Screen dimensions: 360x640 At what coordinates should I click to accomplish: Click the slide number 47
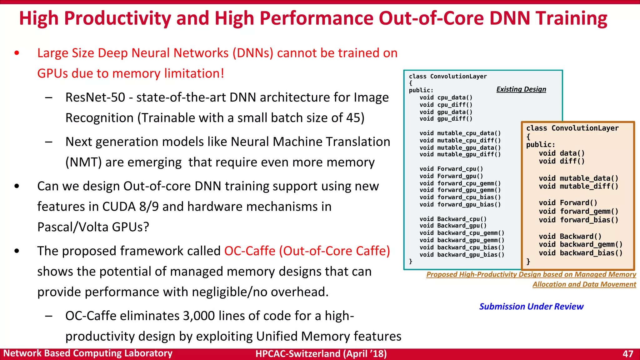pyautogui.click(x=627, y=354)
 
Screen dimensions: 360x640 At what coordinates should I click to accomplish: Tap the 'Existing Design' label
pyautogui.click(x=521, y=89)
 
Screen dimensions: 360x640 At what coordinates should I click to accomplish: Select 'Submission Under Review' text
pyautogui.click(x=531, y=307)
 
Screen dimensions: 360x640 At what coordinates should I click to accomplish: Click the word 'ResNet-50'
pyautogui.click(x=95, y=97)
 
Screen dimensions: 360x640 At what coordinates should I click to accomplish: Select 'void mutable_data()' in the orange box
pyautogui.click(x=578, y=178)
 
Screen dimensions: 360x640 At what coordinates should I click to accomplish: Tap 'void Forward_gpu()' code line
pyautogui.click(x=451, y=176)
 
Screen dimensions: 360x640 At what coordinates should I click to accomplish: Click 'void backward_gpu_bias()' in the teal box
pyautogui.click(x=462, y=255)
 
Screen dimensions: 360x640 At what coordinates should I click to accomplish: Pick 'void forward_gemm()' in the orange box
pyautogui.click(x=578, y=212)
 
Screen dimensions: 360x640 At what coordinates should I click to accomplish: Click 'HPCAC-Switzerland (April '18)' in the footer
pyautogui.click(x=321, y=354)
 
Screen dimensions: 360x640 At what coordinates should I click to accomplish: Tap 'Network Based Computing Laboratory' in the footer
pyautogui.click(x=88, y=353)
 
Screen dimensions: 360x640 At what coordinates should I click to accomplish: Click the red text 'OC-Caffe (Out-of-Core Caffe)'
pyautogui.click(x=307, y=251)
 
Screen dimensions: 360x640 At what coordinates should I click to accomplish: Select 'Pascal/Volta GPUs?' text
pyautogui.click(x=93, y=227)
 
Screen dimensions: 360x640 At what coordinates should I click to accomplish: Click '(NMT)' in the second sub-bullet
pyautogui.click(x=83, y=162)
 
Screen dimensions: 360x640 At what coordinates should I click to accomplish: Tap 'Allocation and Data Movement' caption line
pyautogui.click(x=584, y=284)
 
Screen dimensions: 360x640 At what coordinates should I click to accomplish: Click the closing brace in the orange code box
pyautogui.click(x=528, y=262)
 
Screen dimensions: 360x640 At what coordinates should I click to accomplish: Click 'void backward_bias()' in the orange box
pyautogui.click(x=581, y=253)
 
